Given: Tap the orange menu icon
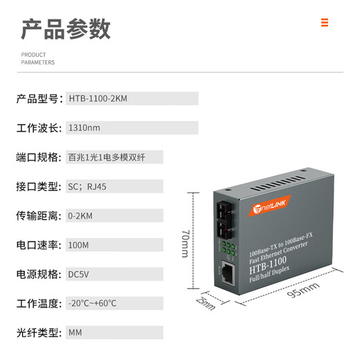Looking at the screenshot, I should (x=325, y=23).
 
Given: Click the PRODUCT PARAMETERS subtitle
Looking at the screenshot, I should (x=37, y=58).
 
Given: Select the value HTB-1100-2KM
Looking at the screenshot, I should (x=98, y=98).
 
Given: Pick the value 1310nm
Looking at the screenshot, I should (x=84, y=128).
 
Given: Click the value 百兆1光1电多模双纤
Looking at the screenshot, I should (x=106, y=157).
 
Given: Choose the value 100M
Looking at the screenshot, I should (x=78, y=244).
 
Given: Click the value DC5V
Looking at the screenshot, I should (x=79, y=274).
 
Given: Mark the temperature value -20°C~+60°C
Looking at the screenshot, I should (x=93, y=303).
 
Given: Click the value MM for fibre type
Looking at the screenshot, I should (x=75, y=332).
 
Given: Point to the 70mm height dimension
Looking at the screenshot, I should (x=184, y=243).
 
